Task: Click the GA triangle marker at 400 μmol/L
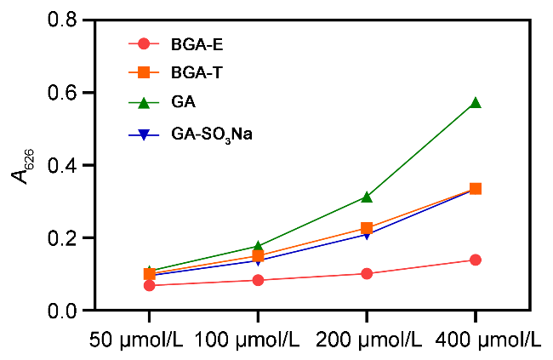(476, 102)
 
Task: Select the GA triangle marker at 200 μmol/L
(367, 197)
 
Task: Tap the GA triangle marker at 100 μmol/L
(258, 246)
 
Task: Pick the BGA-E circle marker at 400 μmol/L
(476, 260)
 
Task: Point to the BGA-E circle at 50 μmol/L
(150, 285)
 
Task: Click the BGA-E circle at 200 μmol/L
(367, 273)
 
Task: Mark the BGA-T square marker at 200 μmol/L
(367, 228)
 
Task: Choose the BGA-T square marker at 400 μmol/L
(476, 188)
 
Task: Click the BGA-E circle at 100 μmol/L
(258, 280)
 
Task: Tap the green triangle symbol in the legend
(144, 103)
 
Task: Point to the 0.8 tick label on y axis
(69, 19)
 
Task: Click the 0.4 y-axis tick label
(69, 164)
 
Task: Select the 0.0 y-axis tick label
(69, 311)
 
